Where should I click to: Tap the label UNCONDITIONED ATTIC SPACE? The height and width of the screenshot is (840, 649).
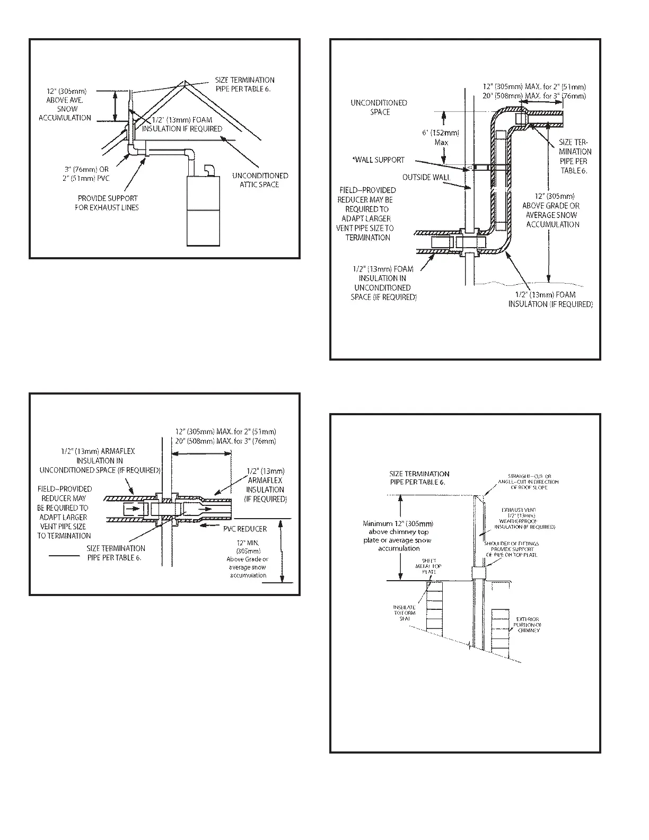pyautogui.click(x=260, y=180)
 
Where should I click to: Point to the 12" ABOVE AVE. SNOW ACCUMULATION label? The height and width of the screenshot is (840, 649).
pyautogui.click(x=65, y=104)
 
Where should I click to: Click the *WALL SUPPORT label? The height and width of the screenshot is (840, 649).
pyautogui.click(x=379, y=160)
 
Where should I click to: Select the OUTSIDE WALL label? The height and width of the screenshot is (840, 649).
pyautogui.click(x=426, y=177)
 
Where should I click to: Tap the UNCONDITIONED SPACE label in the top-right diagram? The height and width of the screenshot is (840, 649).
pyautogui.click(x=379, y=107)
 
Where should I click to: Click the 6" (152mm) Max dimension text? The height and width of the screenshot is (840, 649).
pyautogui.click(x=441, y=137)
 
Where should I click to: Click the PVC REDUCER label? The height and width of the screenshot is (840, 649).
pyautogui.click(x=245, y=529)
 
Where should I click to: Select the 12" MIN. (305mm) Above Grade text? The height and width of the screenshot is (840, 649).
pyautogui.click(x=248, y=559)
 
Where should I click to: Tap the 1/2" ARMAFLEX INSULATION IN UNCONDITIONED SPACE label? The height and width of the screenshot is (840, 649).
pyautogui.click(x=100, y=460)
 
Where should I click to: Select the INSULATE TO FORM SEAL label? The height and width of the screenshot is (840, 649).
pyautogui.click(x=404, y=613)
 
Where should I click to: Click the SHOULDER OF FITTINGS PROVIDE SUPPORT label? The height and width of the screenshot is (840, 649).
pyautogui.click(x=511, y=549)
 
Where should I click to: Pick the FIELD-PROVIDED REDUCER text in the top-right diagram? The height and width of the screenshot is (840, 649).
pyautogui.click(x=367, y=213)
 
